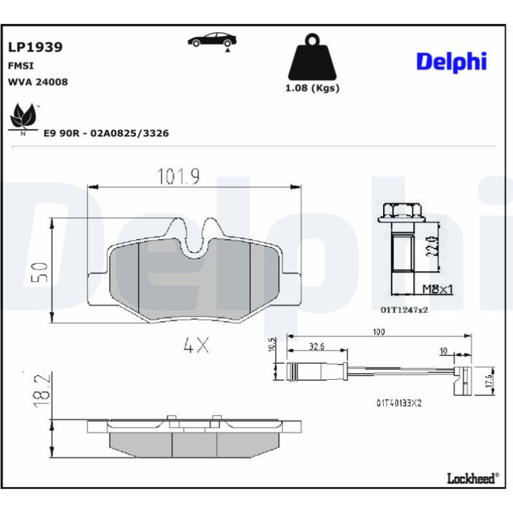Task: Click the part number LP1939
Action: pyautogui.click(x=35, y=47)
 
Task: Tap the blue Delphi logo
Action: pyautogui.click(x=452, y=62)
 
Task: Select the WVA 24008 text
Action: pyautogui.click(x=37, y=82)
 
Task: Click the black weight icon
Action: pyautogui.click(x=312, y=57)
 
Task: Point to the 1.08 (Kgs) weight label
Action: pyautogui.click(x=312, y=88)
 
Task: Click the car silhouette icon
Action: pyautogui.click(x=212, y=41)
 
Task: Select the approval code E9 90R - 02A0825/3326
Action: pyautogui.click(x=106, y=133)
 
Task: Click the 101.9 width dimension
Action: pyautogui.click(x=179, y=176)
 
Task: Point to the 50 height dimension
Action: pyautogui.click(x=39, y=272)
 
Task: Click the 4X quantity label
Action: pyautogui.click(x=196, y=345)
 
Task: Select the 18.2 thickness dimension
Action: pyautogui.click(x=42, y=390)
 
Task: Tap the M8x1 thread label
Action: pyautogui.click(x=438, y=289)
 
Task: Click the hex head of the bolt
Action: pyautogui.click(x=396, y=213)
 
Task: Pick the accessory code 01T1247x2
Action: pyautogui.click(x=404, y=310)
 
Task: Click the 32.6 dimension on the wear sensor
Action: pyautogui.click(x=316, y=346)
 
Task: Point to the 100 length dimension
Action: pyautogui.click(x=378, y=332)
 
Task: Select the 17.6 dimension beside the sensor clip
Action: pyautogui.click(x=489, y=381)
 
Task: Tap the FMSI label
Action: pyautogui.click(x=21, y=66)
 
